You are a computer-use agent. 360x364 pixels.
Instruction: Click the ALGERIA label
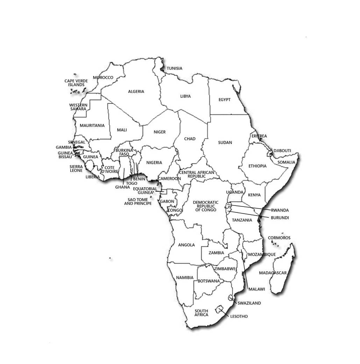click(x=136, y=92)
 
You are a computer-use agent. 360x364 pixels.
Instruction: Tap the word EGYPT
click(x=225, y=100)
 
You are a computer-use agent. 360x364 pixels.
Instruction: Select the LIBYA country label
click(x=186, y=96)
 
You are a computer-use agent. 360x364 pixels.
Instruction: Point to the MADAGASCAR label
click(x=273, y=273)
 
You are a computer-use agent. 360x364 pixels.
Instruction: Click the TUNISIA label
click(x=175, y=69)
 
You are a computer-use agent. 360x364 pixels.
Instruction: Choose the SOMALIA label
click(x=287, y=162)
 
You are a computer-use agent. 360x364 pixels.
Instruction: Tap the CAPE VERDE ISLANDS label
click(x=76, y=83)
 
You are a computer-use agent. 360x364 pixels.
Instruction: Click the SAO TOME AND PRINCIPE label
click(x=138, y=202)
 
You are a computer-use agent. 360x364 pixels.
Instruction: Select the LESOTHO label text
click(x=239, y=316)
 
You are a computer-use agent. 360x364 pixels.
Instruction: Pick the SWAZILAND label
click(x=249, y=303)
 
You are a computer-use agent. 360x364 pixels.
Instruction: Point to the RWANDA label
click(x=280, y=210)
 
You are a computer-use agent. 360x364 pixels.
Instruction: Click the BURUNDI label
click(x=280, y=218)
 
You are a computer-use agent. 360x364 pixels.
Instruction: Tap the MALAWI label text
click(x=257, y=289)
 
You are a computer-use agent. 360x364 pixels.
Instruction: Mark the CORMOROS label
click(x=279, y=238)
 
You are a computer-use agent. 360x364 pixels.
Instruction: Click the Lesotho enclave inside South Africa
click(x=220, y=309)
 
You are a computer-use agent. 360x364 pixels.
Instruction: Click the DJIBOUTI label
click(x=282, y=151)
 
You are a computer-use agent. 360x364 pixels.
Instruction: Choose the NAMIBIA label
click(x=185, y=278)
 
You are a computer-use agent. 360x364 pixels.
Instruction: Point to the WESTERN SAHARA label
click(x=78, y=107)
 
